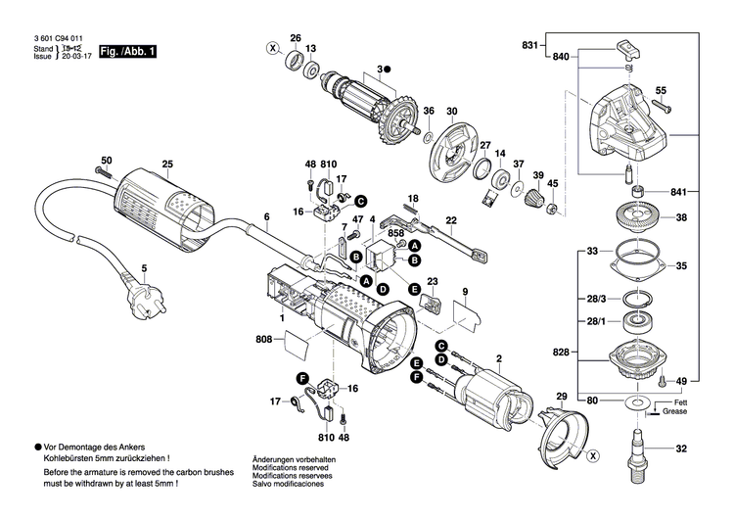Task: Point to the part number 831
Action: tap(530, 46)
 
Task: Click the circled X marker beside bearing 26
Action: tap(272, 47)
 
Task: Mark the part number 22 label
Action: tap(451, 220)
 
